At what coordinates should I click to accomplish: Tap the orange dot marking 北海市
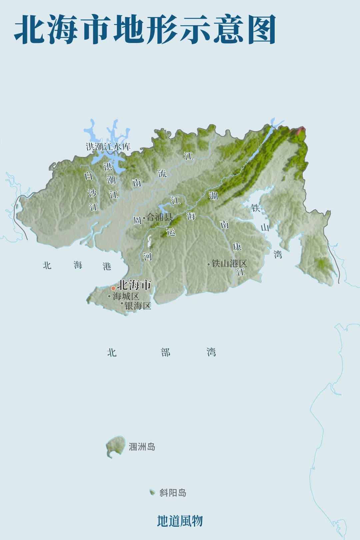[113, 288]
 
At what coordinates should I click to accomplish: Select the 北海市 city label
[134, 285]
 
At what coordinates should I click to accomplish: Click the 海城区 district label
[126, 296]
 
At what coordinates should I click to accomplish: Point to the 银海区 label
[138, 306]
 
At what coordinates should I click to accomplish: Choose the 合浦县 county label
[160, 218]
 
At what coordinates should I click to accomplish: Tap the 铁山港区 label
[229, 264]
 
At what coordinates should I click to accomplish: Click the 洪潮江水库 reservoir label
[108, 147]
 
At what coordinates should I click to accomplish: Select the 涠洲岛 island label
[142, 447]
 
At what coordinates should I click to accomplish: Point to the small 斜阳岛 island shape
[152, 492]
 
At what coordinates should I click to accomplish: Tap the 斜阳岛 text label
[173, 493]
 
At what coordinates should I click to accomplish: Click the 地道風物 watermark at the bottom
[180, 521]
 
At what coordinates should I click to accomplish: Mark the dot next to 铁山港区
[209, 264]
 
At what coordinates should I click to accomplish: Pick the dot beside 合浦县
[144, 218]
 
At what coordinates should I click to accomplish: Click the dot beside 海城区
[109, 296]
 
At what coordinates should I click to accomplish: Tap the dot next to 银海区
[122, 303]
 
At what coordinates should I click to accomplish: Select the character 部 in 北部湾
[166, 352]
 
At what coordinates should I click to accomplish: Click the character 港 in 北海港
[107, 266]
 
